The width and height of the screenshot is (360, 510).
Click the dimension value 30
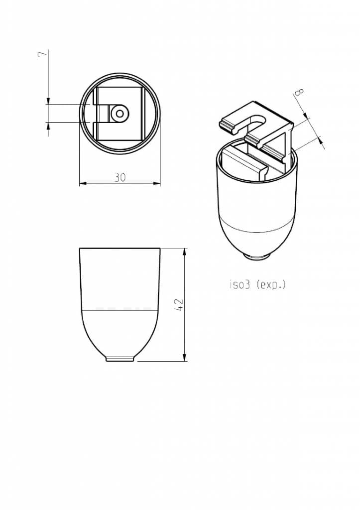click(120, 177)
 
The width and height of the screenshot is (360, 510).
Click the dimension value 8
click(299, 92)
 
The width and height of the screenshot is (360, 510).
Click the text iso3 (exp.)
click(257, 285)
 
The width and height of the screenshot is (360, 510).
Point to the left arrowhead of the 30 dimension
click(83, 183)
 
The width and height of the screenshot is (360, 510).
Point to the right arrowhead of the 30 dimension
click(157, 183)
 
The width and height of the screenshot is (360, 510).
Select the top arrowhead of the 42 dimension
click(185, 252)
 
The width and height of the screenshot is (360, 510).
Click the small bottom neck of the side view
click(120, 359)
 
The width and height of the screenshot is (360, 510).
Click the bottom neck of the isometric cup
click(257, 256)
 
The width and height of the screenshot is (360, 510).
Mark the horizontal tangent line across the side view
click(120, 310)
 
